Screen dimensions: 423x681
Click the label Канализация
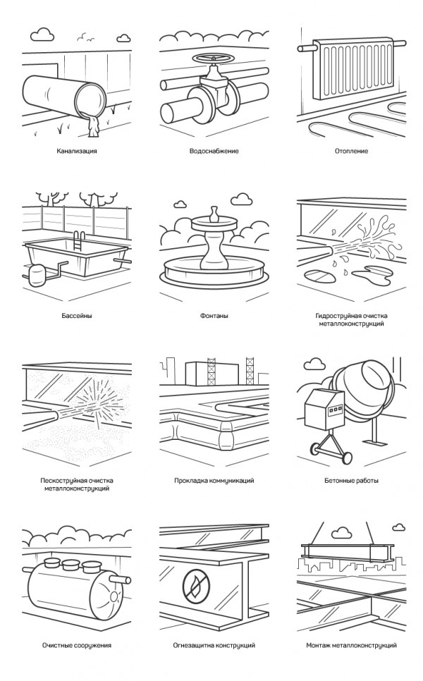(x=76, y=151)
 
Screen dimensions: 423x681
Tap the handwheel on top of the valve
(x=213, y=59)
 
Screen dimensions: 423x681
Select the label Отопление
(x=351, y=151)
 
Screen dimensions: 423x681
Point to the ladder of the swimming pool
(x=80, y=240)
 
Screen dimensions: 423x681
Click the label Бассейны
(x=77, y=316)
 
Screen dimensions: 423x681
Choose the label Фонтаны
(x=214, y=316)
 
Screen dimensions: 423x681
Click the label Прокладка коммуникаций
(x=214, y=481)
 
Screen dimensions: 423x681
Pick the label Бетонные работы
(x=351, y=481)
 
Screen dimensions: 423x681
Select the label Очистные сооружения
(x=77, y=645)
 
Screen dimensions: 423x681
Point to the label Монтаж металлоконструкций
(x=351, y=645)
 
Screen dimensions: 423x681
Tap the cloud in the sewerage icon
(x=43, y=34)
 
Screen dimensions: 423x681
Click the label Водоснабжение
(x=214, y=151)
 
